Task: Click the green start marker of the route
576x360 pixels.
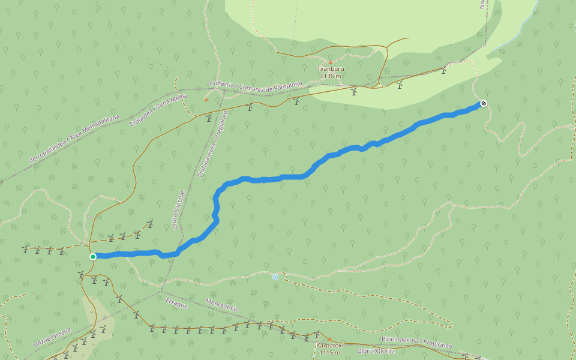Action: (x=93, y=256)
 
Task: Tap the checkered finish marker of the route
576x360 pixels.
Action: (x=483, y=104)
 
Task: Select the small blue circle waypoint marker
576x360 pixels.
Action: (x=275, y=277)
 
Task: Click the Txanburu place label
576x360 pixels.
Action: (x=330, y=69)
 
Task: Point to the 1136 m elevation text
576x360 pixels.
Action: (x=330, y=76)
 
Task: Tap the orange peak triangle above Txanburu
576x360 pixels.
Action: (x=330, y=62)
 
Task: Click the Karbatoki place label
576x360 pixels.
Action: (x=330, y=345)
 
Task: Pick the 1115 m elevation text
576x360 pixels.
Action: (x=330, y=352)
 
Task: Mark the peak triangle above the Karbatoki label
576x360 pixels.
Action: (x=329, y=338)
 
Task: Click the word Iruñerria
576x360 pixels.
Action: (x=222, y=83)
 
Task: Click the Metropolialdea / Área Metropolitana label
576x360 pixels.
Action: (x=74, y=139)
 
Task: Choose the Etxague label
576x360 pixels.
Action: (x=176, y=302)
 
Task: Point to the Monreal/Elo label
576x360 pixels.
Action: (x=222, y=304)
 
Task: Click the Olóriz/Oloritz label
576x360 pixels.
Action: (x=376, y=350)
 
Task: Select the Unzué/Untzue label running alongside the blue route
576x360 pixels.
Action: (x=178, y=210)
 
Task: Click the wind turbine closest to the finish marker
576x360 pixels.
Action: (x=443, y=70)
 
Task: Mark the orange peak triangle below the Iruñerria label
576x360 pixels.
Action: (x=206, y=99)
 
